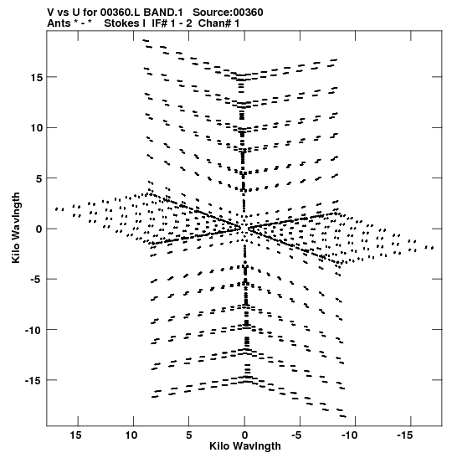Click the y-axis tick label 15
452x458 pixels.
point(36,78)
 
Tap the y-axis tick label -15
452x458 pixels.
point(33,381)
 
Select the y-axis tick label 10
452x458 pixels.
point(36,128)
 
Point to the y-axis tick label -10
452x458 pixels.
point(33,331)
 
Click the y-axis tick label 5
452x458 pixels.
point(39,178)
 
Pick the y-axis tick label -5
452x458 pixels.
point(36,280)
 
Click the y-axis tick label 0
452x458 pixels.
point(39,229)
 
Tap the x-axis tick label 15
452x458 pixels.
point(75,435)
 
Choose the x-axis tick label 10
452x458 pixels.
point(131,435)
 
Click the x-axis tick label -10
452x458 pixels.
point(349,435)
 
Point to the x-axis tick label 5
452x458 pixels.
point(189,435)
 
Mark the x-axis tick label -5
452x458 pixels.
point(296,435)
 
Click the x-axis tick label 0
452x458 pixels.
point(244,435)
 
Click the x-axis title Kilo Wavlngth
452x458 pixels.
point(245,446)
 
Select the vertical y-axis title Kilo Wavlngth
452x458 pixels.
point(16,228)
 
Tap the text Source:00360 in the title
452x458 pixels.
point(228,13)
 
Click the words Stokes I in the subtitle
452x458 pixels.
point(125,23)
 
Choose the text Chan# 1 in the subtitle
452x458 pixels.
point(218,23)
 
